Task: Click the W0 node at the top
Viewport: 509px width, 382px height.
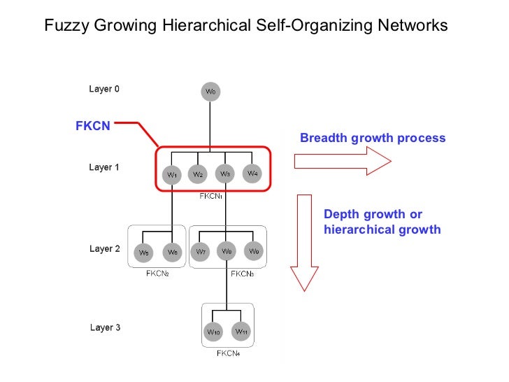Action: tap(210, 92)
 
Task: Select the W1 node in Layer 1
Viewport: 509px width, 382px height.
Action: tap(171, 174)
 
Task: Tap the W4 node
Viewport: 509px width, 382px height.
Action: tap(252, 173)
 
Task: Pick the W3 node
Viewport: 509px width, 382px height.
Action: tap(225, 174)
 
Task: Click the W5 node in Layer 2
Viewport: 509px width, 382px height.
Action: tap(145, 252)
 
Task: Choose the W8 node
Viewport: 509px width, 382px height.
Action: tap(227, 251)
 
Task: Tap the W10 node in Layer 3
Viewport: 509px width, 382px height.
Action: tap(214, 332)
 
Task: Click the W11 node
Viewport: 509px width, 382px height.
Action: tap(241, 331)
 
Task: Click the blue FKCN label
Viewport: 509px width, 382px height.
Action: tap(92, 127)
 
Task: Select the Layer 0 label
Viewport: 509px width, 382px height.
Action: tap(104, 89)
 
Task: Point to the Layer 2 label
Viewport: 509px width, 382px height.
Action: tap(105, 248)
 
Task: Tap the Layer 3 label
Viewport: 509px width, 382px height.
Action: tap(105, 327)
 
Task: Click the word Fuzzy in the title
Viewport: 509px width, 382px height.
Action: tap(63, 27)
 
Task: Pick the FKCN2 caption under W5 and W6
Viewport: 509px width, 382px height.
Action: tap(159, 274)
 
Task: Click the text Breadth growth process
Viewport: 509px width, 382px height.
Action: tap(372, 138)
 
